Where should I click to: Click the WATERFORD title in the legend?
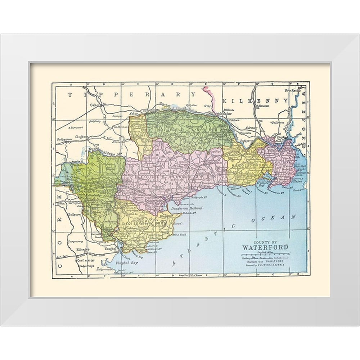[x=265, y=247]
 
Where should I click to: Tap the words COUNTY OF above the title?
[x=265, y=242]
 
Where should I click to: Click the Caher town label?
[x=96, y=105]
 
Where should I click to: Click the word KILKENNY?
[x=255, y=100]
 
